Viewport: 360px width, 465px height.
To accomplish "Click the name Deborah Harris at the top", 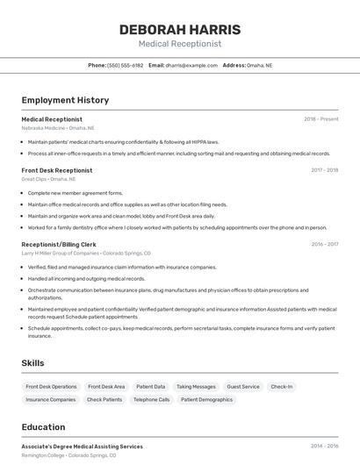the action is (179, 29).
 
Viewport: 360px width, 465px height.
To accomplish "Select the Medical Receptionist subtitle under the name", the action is (179, 44).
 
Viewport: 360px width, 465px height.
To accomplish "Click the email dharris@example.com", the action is (191, 65).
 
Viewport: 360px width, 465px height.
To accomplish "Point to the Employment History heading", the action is (65, 100).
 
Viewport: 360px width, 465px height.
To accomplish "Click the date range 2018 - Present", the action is (321, 118).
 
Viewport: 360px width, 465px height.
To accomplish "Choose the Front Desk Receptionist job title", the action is (56, 170).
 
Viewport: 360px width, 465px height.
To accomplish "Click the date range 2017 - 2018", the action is (324, 170).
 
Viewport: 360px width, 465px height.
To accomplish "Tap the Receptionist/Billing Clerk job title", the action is (59, 245).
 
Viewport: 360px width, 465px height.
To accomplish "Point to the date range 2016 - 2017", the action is (324, 245).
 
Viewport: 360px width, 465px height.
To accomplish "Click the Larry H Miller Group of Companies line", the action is (86, 253).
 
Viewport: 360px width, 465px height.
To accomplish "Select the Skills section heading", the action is (33, 362).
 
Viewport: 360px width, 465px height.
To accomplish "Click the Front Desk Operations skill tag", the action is (51, 386).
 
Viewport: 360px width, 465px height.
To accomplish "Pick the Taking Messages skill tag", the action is (196, 386).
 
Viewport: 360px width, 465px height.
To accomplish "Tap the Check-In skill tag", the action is (281, 386).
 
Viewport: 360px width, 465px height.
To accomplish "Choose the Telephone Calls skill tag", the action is (151, 399).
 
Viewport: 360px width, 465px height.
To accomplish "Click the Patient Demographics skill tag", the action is (206, 399).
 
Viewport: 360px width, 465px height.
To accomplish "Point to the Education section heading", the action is (43, 427).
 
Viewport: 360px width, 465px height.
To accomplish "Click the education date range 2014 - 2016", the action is (324, 446).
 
